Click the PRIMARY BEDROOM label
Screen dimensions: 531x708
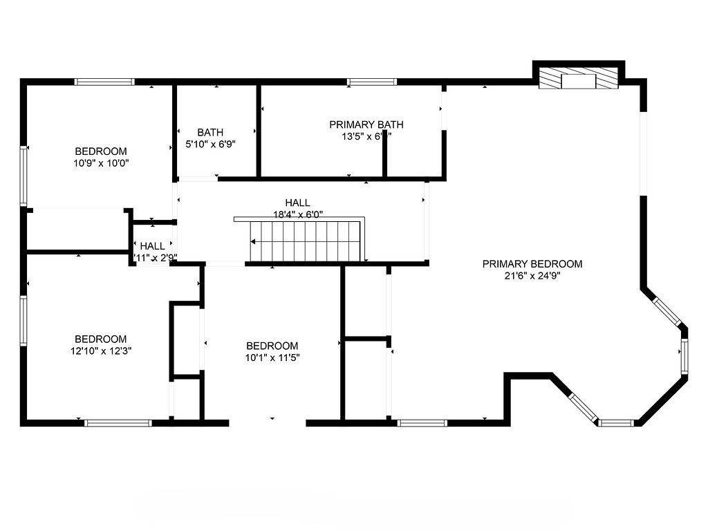pos(532,263)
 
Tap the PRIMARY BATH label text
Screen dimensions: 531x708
pos(366,124)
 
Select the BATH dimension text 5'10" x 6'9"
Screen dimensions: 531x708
pos(210,145)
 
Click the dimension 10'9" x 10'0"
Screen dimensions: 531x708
pos(101,163)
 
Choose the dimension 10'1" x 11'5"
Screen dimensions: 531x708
pos(272,357)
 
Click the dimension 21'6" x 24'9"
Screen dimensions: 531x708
pos(532,276)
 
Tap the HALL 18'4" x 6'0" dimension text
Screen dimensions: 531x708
pos(297,214)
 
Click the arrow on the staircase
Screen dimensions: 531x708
pos(254,242)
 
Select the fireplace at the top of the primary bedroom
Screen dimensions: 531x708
pos(578,78)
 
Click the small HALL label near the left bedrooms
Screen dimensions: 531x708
pos(153,246)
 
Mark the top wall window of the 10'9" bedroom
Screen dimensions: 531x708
pos(104,82)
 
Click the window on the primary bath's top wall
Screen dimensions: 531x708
pos(372,82)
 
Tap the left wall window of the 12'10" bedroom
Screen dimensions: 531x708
pos(24,321)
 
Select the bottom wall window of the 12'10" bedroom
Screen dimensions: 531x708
pos(118,422)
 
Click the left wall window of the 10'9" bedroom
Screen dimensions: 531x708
pos(24,176)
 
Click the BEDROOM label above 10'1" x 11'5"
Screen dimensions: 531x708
pos(272,346)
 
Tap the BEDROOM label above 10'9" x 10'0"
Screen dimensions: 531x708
pos(101,151)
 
